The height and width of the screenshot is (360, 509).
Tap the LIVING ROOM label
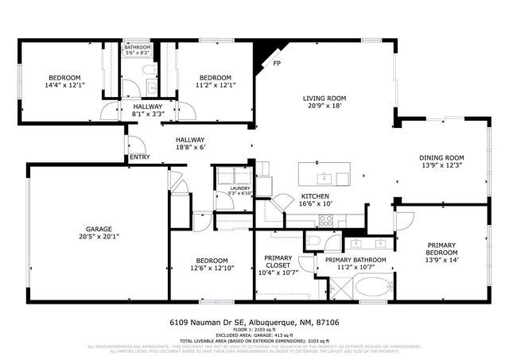pos(324,99)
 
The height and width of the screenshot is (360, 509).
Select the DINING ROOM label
pos(441,157)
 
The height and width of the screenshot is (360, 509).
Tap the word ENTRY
pos(140,157)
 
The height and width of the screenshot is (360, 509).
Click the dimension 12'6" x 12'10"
pos(212,269)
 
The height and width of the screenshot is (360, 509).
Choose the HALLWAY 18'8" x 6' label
pos(190,143)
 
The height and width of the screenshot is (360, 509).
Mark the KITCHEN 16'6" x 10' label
pos(315,199)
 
